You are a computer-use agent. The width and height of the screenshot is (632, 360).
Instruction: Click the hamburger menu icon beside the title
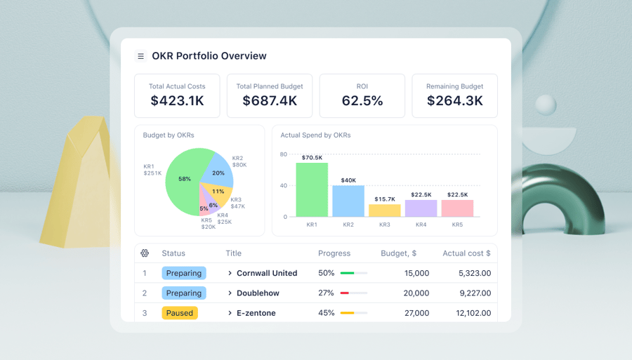click(140, 56)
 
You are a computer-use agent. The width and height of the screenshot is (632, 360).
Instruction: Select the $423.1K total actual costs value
click(177, 101)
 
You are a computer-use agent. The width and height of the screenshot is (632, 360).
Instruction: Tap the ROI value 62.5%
click(362, 101)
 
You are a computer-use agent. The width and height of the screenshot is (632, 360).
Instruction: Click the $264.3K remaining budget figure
click(455, 101)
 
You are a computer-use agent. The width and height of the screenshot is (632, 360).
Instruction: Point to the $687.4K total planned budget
click(270, 101)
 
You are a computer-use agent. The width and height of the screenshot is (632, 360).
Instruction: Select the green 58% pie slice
click(183, 179)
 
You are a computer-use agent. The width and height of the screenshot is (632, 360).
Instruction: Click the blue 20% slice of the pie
click(217, 171)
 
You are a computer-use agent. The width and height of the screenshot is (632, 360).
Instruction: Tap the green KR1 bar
click(312, 190)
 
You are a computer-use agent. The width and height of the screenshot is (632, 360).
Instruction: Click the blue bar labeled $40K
click(348, 201)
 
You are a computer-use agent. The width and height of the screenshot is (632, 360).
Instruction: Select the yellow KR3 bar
click(385, 211)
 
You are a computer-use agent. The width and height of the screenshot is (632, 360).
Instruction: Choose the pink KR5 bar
click(457, 208)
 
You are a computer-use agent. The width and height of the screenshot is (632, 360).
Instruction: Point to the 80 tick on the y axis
click(284, 154)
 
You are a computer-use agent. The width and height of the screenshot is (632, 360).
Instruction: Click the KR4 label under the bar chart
click(421, 225)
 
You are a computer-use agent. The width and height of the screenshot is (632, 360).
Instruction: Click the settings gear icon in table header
click(145, 253)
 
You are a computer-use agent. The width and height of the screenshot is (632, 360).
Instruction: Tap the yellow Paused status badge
click(180, 313)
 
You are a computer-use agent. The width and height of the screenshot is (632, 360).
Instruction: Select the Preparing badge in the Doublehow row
click(184, 293)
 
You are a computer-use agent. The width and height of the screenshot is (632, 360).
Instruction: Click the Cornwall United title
click(266, 273)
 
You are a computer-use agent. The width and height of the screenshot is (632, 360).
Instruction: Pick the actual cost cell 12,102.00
click(473, 313)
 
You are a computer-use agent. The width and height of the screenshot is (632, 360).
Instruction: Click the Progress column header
click(334, 253)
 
